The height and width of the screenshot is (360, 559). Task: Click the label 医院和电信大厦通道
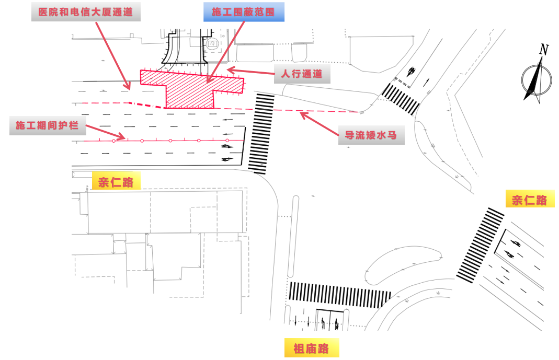point(86,11)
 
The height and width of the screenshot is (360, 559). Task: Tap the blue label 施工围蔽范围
point(244,11)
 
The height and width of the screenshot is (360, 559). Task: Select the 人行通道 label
point(302,74)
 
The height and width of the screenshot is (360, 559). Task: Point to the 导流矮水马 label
point(371,135)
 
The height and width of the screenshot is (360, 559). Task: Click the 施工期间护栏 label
point(47,125)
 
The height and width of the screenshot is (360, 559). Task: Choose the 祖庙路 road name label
point(311,349)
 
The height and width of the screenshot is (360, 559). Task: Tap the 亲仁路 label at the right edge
point(529,200)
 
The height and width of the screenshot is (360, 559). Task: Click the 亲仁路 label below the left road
point(116,182)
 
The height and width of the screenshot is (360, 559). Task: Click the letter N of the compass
point(544,50)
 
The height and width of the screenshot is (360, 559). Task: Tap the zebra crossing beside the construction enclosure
point(261,134)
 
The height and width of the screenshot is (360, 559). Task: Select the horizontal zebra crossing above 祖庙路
point(340,295)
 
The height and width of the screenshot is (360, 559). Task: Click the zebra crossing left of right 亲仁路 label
point(480,246)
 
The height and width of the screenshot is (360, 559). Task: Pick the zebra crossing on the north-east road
point(401,99)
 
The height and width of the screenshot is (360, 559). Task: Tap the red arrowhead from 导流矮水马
point(300,113)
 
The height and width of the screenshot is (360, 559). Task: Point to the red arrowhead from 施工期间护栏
point(124,138)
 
